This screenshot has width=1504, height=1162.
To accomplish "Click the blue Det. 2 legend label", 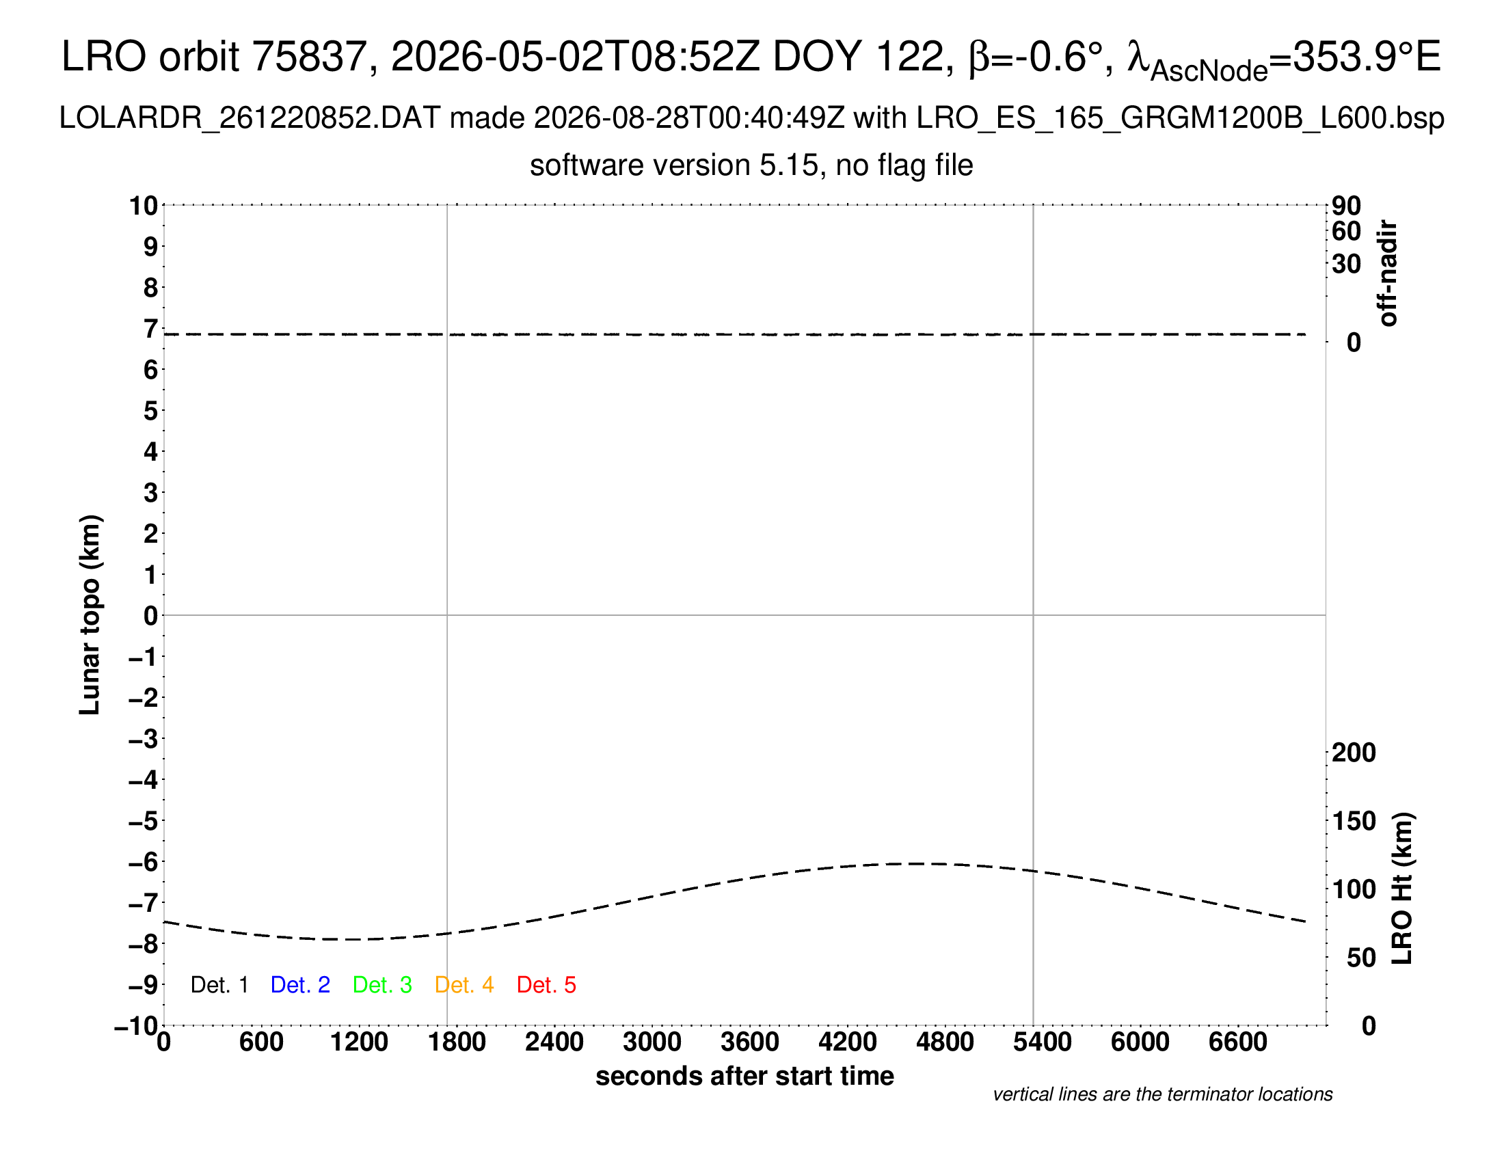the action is click(300, 985).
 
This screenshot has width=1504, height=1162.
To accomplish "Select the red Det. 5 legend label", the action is click(546, 985).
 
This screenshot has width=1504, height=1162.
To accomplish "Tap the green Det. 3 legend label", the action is click(382, 985).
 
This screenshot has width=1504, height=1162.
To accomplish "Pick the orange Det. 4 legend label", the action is click(464, 985).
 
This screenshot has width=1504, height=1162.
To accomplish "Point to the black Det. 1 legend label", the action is click(219, 985).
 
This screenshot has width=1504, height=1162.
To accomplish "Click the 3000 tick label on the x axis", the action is click(652, 1042).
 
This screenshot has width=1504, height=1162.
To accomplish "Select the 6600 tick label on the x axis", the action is click(1237, 1042).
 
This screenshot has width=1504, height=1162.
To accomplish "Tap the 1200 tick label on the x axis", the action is click(359, 1042).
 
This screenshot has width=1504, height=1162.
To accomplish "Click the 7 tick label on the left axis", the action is click(151, 329).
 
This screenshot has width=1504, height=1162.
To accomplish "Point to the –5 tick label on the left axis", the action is click(144, 821).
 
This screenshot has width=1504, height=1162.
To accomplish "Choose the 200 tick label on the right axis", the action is click(1354, 753).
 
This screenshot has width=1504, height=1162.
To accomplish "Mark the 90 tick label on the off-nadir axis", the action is click(1346, 206).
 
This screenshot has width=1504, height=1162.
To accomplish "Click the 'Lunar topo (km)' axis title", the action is click(90, 614).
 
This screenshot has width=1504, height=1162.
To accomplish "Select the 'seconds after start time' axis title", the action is click(744, 1076).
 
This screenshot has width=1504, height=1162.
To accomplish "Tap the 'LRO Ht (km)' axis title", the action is click(1402, 889).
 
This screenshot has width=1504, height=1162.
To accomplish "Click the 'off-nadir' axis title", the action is click(1388, 273).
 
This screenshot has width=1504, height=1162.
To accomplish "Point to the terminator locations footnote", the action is click(1162, 1094).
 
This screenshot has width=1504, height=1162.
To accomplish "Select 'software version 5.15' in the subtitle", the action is click(675, 165).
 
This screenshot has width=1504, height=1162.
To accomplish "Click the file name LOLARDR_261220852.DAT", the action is click(250, 118).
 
